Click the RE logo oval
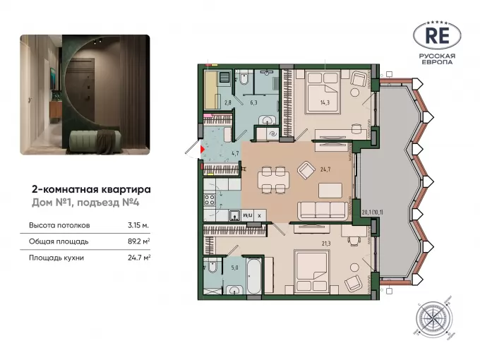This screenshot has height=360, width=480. (x=437, y=36)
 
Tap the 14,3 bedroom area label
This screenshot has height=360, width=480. (x=325, y=103)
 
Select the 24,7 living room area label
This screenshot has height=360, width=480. (x=325, y=169)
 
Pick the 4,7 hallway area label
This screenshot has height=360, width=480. (x=235, y=153)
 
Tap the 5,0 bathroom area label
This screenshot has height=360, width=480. (x=235, y=268)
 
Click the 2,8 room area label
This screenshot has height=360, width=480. (x=228, y=103)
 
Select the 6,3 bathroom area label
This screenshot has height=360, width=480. (x=253, y=103)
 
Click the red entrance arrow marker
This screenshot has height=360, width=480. (x=203, y=150)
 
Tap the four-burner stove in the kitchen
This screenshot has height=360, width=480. (x=210, y=200)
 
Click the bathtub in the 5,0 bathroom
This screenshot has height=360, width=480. (x=254, y=275)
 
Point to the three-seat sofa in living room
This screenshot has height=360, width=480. (x=323, y=210)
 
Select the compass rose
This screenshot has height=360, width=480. (x=432, y=318)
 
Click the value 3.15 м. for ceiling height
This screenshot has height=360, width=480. (x=138, y=225)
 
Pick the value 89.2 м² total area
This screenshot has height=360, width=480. (x=138, y=241)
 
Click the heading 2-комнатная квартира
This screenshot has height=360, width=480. (x=91, y=189)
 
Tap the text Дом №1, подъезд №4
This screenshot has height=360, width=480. (x=85, y=203)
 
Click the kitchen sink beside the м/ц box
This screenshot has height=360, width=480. (x=235, y=215)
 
